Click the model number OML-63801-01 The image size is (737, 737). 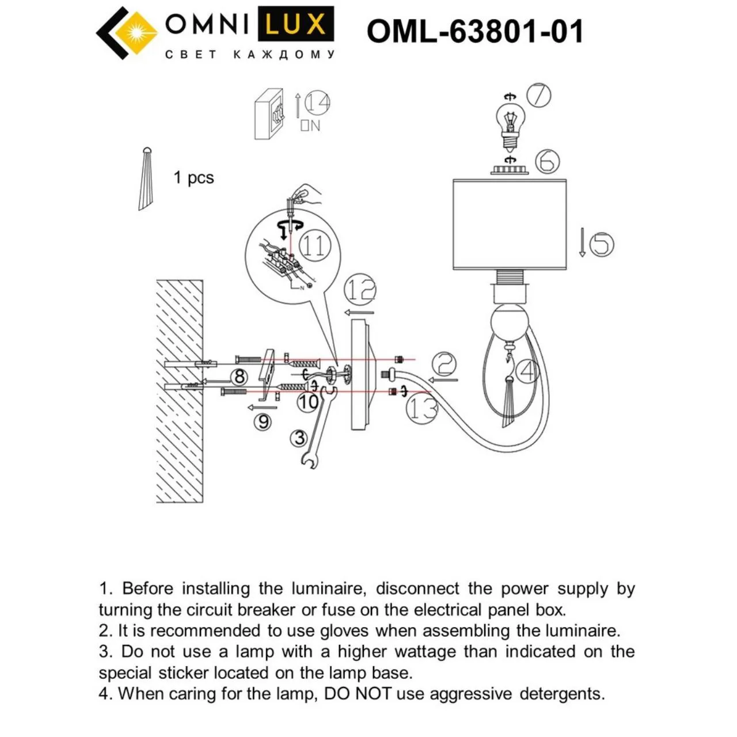[x=474, y=31]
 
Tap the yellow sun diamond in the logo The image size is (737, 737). [x=136, y=33]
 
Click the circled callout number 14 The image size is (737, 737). [x=317, y=103]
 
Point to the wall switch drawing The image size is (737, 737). [x=269, y=114]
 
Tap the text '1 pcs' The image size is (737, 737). [x=193, y=178]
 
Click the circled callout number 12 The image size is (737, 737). [x=360, y=290]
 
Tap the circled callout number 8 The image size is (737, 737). [x=240, y=377]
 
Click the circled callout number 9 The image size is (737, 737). [x=264, y=421]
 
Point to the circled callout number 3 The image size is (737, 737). [x=299, y=438]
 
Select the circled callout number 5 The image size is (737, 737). [x=601, y=244]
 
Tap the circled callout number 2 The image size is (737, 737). [x=445, y=363]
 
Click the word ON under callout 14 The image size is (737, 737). [x=310, y=126]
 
